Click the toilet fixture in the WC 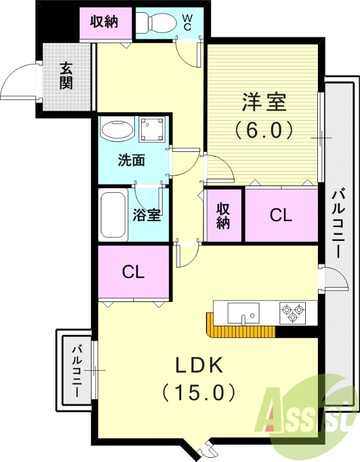point(157,23)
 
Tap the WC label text point(188,22)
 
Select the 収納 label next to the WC point(104,22)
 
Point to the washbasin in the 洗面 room point(117,129)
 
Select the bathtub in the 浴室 point(113,216)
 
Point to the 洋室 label point(264,103)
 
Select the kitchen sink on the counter point(243,314)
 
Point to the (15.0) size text point(200,393)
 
